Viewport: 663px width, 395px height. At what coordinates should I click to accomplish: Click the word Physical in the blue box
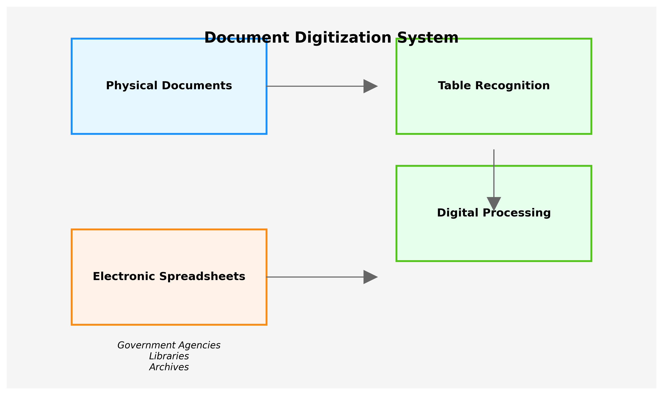click(x=132, y=86)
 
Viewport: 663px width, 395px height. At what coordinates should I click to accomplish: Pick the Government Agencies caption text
click(x=169, y=345)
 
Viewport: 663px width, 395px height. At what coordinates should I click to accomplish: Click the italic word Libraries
click(x=169, y=356)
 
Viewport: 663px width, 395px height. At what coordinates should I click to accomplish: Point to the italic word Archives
click(x=169, y=367)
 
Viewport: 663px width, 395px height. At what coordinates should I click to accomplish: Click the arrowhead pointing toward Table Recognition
click(x=370, y=86)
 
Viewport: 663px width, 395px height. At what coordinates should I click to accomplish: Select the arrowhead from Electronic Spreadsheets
click(x=370, y=277)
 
